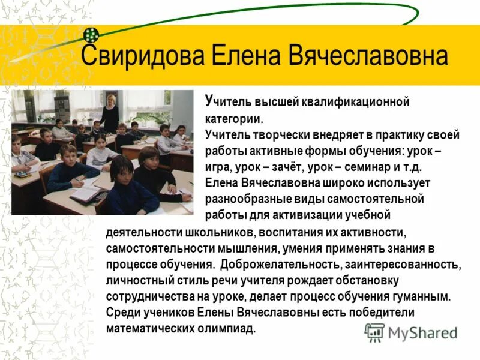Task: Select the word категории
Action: tap(233, 119)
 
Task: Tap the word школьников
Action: tap(212, 232)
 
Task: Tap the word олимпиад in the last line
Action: tap(225, 329)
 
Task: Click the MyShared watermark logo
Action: tap(412, 332)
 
